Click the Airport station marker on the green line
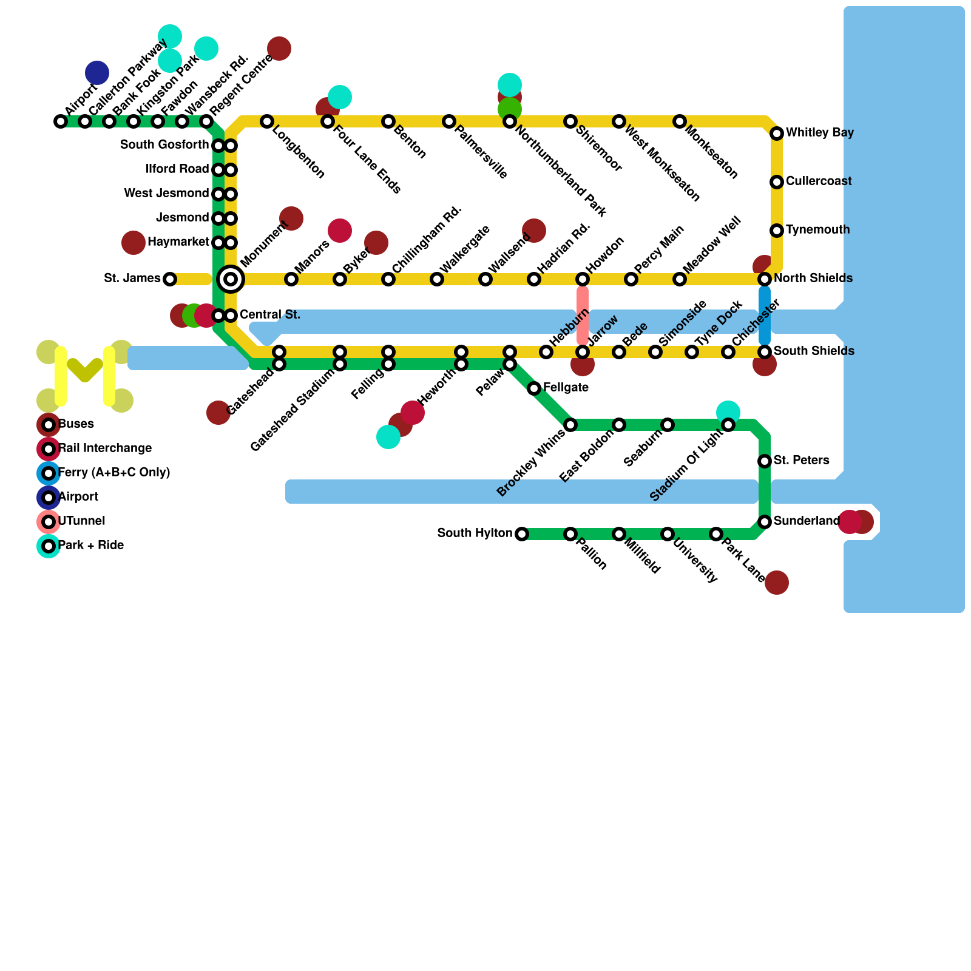coord(61,121)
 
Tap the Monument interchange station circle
coord(231,279)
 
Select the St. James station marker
coord(170,279)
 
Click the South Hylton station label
coord(475,533)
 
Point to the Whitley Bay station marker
coord(777,134)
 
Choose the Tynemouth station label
coord(817,230)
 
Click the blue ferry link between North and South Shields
coord(765,316)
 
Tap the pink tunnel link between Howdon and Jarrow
coord(583,316)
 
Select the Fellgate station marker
coord(534,388)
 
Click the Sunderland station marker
coord(765,522)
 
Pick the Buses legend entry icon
coord(49,425)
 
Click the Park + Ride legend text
coord(91,546)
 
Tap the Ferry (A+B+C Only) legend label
coord(114,473)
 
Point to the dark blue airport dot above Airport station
coord(97,73)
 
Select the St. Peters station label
coord(801,461)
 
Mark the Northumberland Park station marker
coord(510,121)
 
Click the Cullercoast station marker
coord(777,182)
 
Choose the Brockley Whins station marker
coord(570,425)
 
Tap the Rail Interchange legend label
coord(104,448)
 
